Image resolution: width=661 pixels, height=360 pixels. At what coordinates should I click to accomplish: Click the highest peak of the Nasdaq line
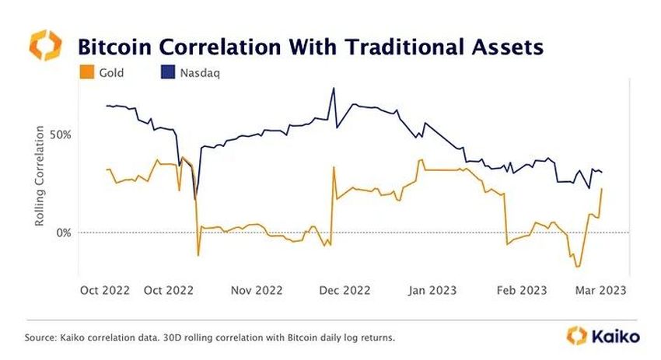pyautogui.click(x=334, y=88)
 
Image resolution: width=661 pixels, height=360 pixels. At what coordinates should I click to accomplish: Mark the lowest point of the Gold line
pyautogui.click(x=577, y=267)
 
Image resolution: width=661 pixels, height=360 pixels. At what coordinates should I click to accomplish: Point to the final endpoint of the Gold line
pyautogui.click(x=602, y=189)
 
